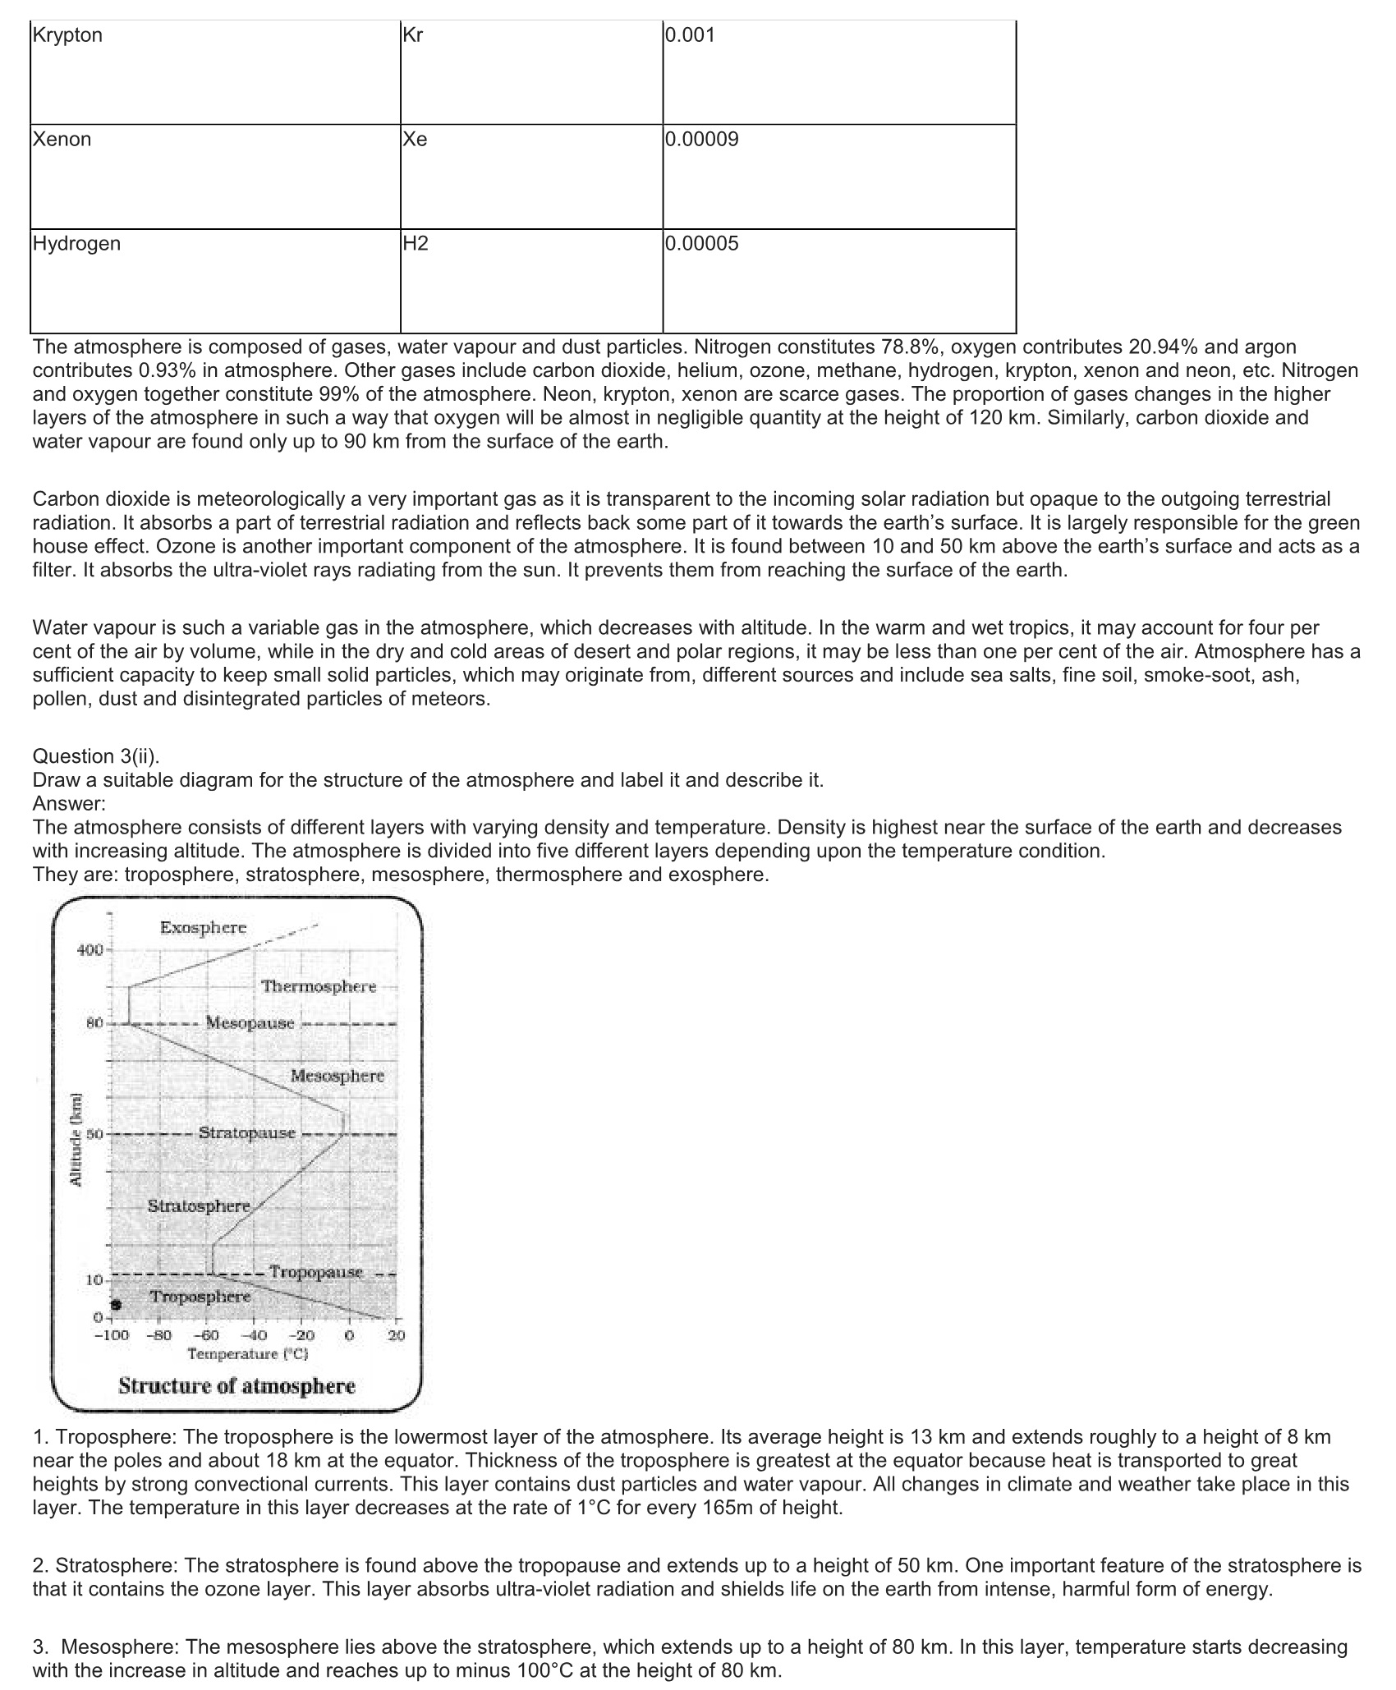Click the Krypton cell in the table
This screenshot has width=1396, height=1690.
pyautogui.click(x=67, y=35)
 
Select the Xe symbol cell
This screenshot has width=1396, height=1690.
pyautogui.click(x=416, y=140)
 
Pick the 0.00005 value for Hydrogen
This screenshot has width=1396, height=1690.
pyautogui.click(x=702, y=244)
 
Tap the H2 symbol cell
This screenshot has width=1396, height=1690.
pyautogui.click(x=416, y=244)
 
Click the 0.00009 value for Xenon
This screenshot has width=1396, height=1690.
pyautogui.click(x=702, y=140)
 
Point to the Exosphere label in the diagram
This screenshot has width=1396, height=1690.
pyautogui.click(x=203, y=928)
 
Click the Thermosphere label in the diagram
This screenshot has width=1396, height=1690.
pyautogui.click(x=319, y=986)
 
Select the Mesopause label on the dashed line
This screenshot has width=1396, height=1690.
pyautogui.click(x=250, y=1023)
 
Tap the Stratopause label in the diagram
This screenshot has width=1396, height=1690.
pyautogui.click(x=246, y=1133)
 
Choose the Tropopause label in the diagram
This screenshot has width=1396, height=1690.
pyautogui.click(x=316, y=1272)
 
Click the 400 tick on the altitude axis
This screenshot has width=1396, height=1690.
pyautogui.click(x=90, y=950)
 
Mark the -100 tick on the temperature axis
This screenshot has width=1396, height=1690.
pyautogui.click(x=111, y=1335)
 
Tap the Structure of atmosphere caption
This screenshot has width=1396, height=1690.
pyautogui.click(x=236, y=1386)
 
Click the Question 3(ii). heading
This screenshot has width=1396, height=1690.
pyautogui.click(x=96, y=756)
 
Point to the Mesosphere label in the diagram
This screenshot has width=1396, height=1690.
pyautogui.click(x=337, y=1076)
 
